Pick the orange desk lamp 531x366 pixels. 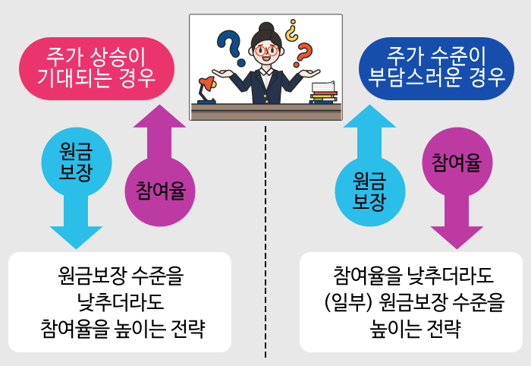pyautogui.click(x=205, y=90)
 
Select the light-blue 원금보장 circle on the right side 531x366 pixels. pyautogui.click(x=370, y=191)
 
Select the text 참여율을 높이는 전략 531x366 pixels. pyautogui.click(x=121, y=329)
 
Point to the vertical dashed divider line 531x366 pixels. pyautogui.click(x=265, y=243)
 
